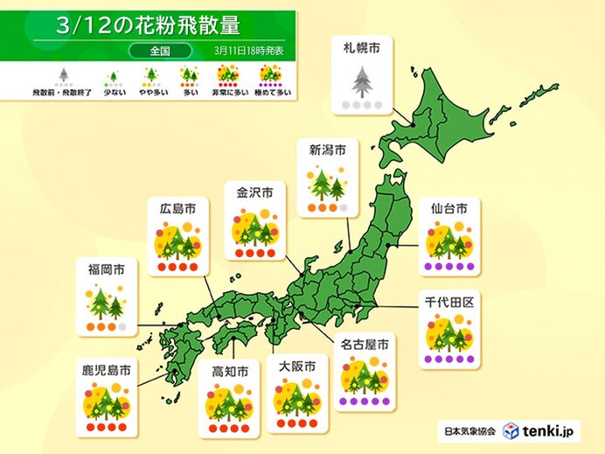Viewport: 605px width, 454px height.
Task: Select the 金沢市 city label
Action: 254,192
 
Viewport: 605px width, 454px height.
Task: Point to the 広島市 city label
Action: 177,209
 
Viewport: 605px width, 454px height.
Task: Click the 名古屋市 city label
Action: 365,345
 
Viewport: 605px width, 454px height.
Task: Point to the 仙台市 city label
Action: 449,209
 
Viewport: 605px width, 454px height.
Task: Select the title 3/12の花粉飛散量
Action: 148,24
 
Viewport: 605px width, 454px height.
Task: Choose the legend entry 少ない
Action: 111,91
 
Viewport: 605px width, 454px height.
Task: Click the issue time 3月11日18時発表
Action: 250,50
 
